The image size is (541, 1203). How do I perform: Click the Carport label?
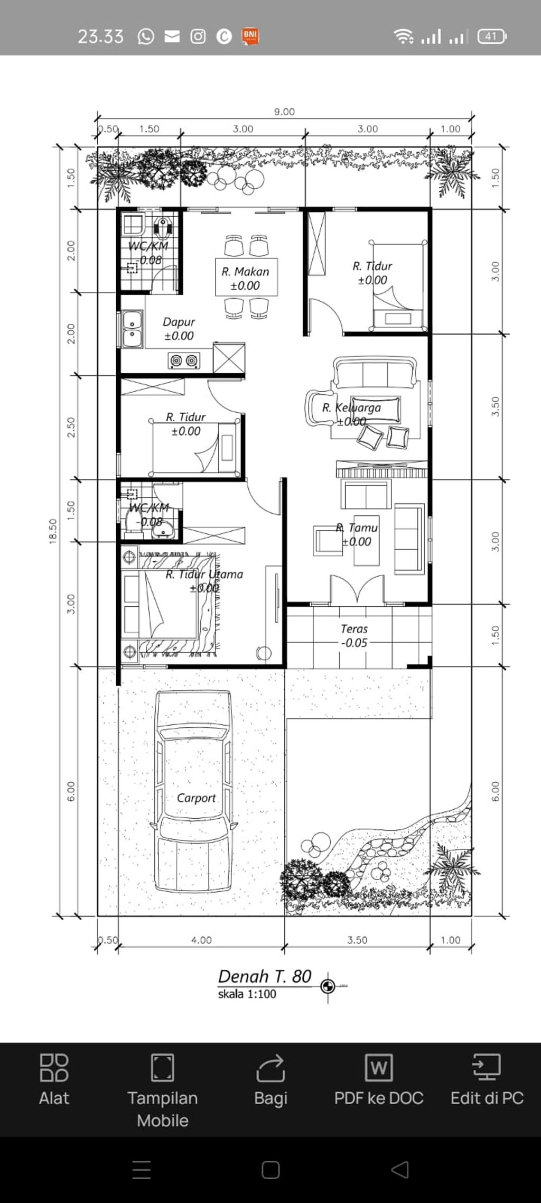click(196, 798)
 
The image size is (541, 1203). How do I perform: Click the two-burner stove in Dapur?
click(184, 360)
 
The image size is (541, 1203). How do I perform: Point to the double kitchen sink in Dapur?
click(132, 329)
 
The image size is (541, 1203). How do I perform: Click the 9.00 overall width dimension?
click(284, 112)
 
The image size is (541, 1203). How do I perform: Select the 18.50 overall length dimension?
click(53, 531)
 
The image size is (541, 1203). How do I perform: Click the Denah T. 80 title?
click(265, 976)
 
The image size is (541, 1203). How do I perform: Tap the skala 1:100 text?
click(247, 994)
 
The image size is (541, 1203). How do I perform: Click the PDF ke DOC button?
click(378, 1080)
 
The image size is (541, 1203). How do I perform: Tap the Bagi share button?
click(270, 1080)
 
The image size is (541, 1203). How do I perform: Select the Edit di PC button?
click(487, 1080)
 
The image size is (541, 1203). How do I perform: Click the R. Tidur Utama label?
click(204, 575)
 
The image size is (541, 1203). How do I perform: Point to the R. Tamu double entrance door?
click(357, 590)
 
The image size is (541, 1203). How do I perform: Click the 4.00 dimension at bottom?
click(201, 940)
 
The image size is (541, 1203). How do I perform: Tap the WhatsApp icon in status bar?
click(146, 36)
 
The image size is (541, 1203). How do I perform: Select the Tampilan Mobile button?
click(162, 1089)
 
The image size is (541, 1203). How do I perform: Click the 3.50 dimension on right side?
click(496, 406)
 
